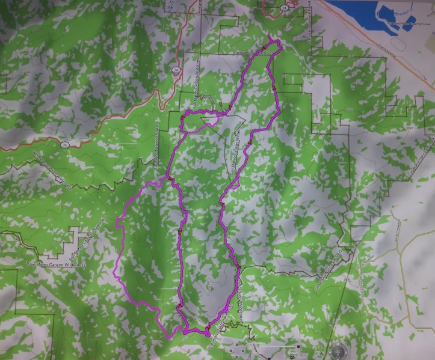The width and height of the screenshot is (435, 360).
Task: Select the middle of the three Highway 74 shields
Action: [x=176, y=70]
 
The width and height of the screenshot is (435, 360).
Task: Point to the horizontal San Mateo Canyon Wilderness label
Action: [x=57, y=264]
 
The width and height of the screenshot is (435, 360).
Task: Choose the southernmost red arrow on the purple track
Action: [x=207, y=328]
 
